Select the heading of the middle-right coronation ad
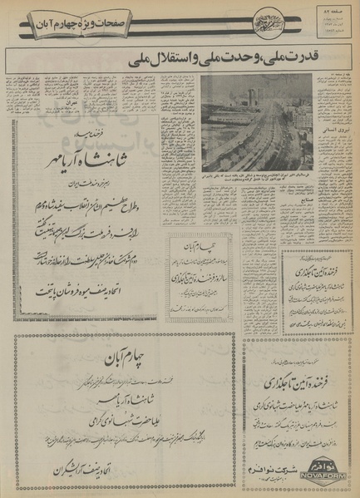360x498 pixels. click(296, 271)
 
